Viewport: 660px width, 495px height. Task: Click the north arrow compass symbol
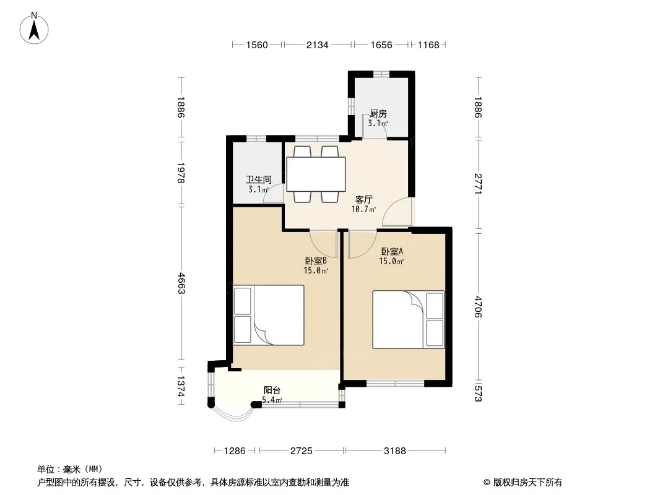click(x=34, y=28)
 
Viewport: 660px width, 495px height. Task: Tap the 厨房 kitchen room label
click(x=378, y=114)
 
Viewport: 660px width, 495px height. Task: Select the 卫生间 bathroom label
click(x=258, y=179)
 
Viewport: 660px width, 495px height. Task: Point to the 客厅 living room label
click(x=363, y=199)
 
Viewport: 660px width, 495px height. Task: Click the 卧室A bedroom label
click(x=392, y=251)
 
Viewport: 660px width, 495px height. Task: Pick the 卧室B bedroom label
click(x=316, y=260)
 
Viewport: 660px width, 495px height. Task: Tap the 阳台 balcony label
click(x=272, y=390)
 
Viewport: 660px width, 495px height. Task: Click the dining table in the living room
click(x=316, y=174)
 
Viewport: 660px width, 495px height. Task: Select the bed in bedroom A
click(x=408, y=319)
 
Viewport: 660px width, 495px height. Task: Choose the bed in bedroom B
click(x=269, y=315)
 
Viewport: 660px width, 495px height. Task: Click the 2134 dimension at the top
click(x=317, y=45)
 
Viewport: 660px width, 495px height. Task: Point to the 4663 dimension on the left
click(x=181, y=283)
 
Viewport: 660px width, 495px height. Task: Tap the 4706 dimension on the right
click(x=478, y=306)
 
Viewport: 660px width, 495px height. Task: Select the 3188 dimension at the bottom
click(x=394, y=451)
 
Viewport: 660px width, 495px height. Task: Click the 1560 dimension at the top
click(x=257, y=45)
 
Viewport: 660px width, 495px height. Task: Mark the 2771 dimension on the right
click(x=478, y=184)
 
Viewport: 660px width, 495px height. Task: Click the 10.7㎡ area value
click(x=363, y=209)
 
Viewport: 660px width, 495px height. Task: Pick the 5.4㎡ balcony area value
click(x=272, y=400)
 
